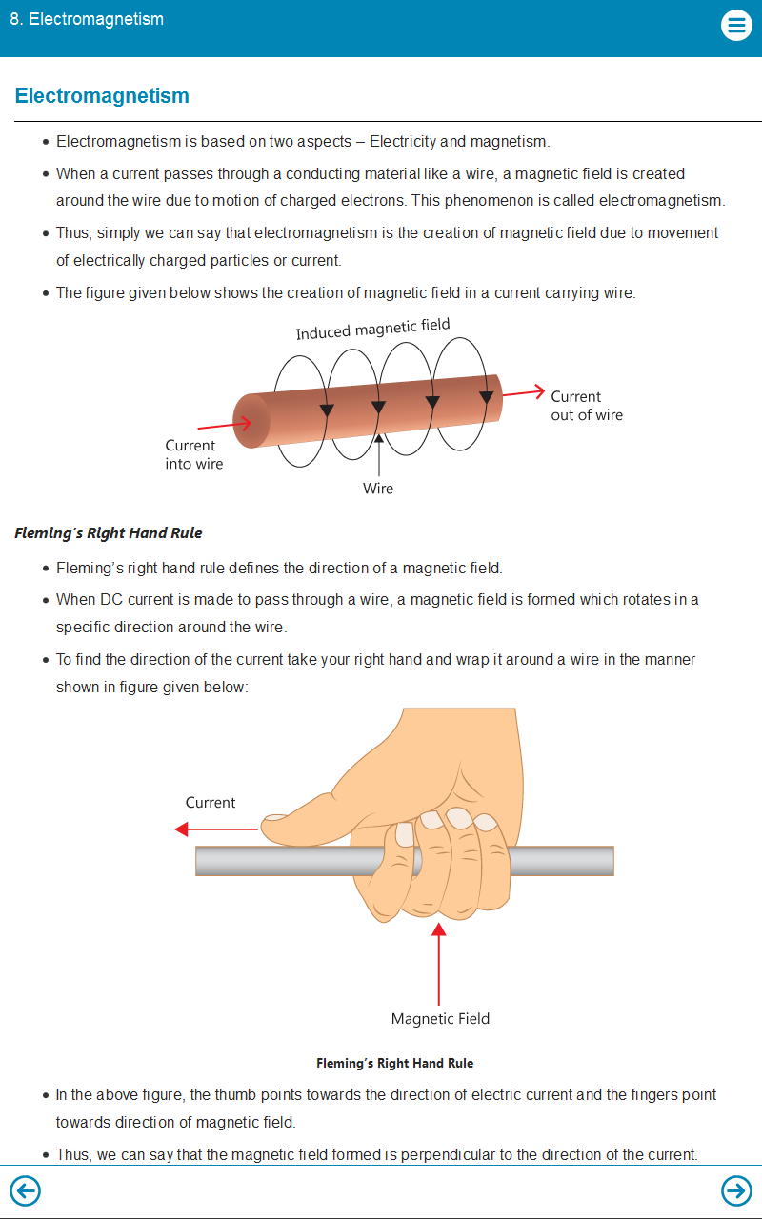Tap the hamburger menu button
click(736, 25)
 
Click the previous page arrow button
click(25, 1190)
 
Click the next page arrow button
click(736, 1190)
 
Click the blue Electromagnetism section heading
click(102, 96)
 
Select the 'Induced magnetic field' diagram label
click(372, 329)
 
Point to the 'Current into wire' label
click(193, 454)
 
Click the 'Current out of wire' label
click(586, 406)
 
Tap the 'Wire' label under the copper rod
click(378, 489)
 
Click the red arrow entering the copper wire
click(225, 425)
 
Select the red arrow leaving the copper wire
click(523, 392)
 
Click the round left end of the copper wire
click(251, 420)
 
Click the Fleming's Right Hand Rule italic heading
click(109, 533)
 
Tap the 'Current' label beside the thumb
click(211, 803)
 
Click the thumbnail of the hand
click(275, 817)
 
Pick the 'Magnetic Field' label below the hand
click(440, 1019)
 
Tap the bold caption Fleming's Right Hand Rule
click(394, 1063)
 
